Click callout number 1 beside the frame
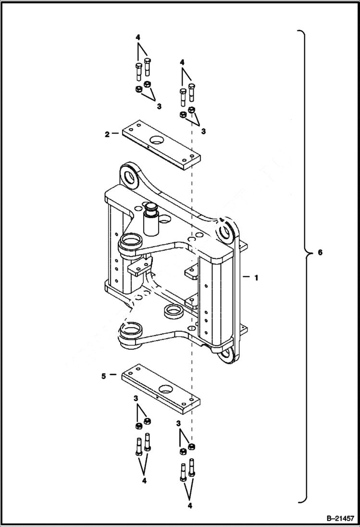coord(257,277)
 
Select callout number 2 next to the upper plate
coord(107,134)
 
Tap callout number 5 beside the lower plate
coord(104,376)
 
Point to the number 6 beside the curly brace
coord(320,253)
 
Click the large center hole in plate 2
coord(157,141)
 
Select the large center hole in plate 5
coord(166,388)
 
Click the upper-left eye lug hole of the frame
coord(130,176)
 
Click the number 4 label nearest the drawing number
coord(190,506)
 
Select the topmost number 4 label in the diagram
coord(138,37)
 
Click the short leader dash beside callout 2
coord(116,134)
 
